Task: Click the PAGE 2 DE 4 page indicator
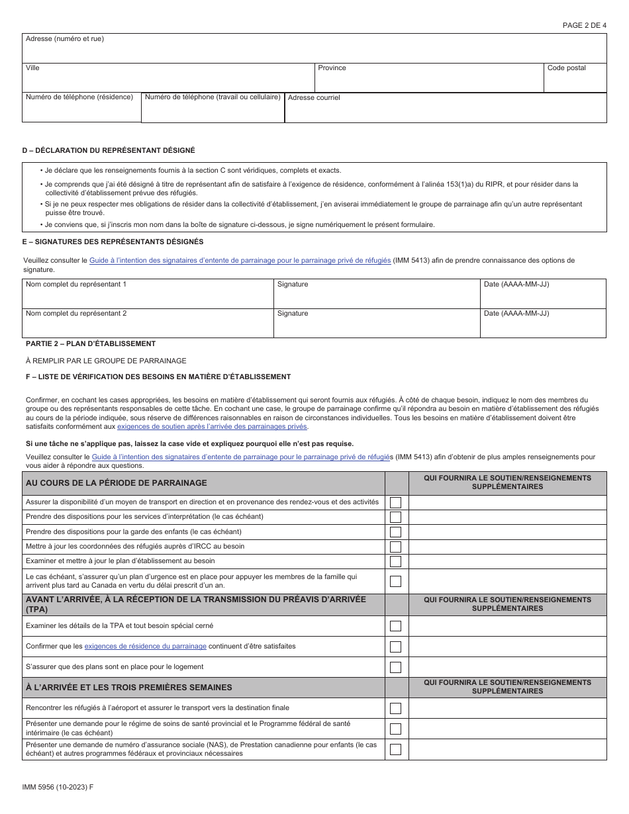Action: click(x=584, y=25)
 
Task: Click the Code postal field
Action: click(x=575, y=81)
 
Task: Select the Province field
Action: click(x=428, y=81)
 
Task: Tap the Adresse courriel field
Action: click(x=445, y=111)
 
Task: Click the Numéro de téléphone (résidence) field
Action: click(x=81, y=111)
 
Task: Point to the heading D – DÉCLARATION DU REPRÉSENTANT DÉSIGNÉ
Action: click(x=109, y=150)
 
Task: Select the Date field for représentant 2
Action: click(x=542, y=326)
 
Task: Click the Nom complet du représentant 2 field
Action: click(x=148, y=326)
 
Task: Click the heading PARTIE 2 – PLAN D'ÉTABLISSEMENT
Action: click(x=91, y=343)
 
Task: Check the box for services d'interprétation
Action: click(x=395, y=517)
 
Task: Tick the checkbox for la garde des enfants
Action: click(x=395, y=531)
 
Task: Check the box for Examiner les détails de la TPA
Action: click(x=395, y=625)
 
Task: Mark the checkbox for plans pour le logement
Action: click(x=395, y=667)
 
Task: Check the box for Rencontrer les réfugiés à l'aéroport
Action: click(x=395, y=708)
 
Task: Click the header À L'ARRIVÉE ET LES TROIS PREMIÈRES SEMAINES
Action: click(x=128, y=688)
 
